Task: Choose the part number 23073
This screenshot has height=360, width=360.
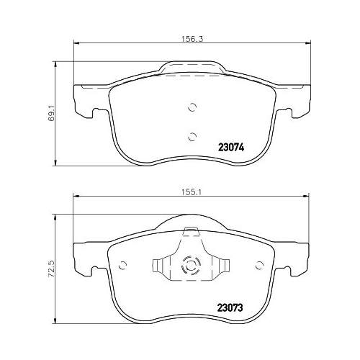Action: tap(230, 305)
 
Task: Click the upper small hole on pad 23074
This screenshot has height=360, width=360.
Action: tap(192, 108)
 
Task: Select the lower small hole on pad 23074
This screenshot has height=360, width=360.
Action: tap(192, 135)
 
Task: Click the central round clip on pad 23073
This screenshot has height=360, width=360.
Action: tap(192, 267)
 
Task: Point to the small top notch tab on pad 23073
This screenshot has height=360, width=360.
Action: tap(192, 231)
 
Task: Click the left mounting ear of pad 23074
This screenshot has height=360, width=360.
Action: tap(84, 102)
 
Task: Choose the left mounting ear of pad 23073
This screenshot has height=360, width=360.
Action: tap(84, 260)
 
